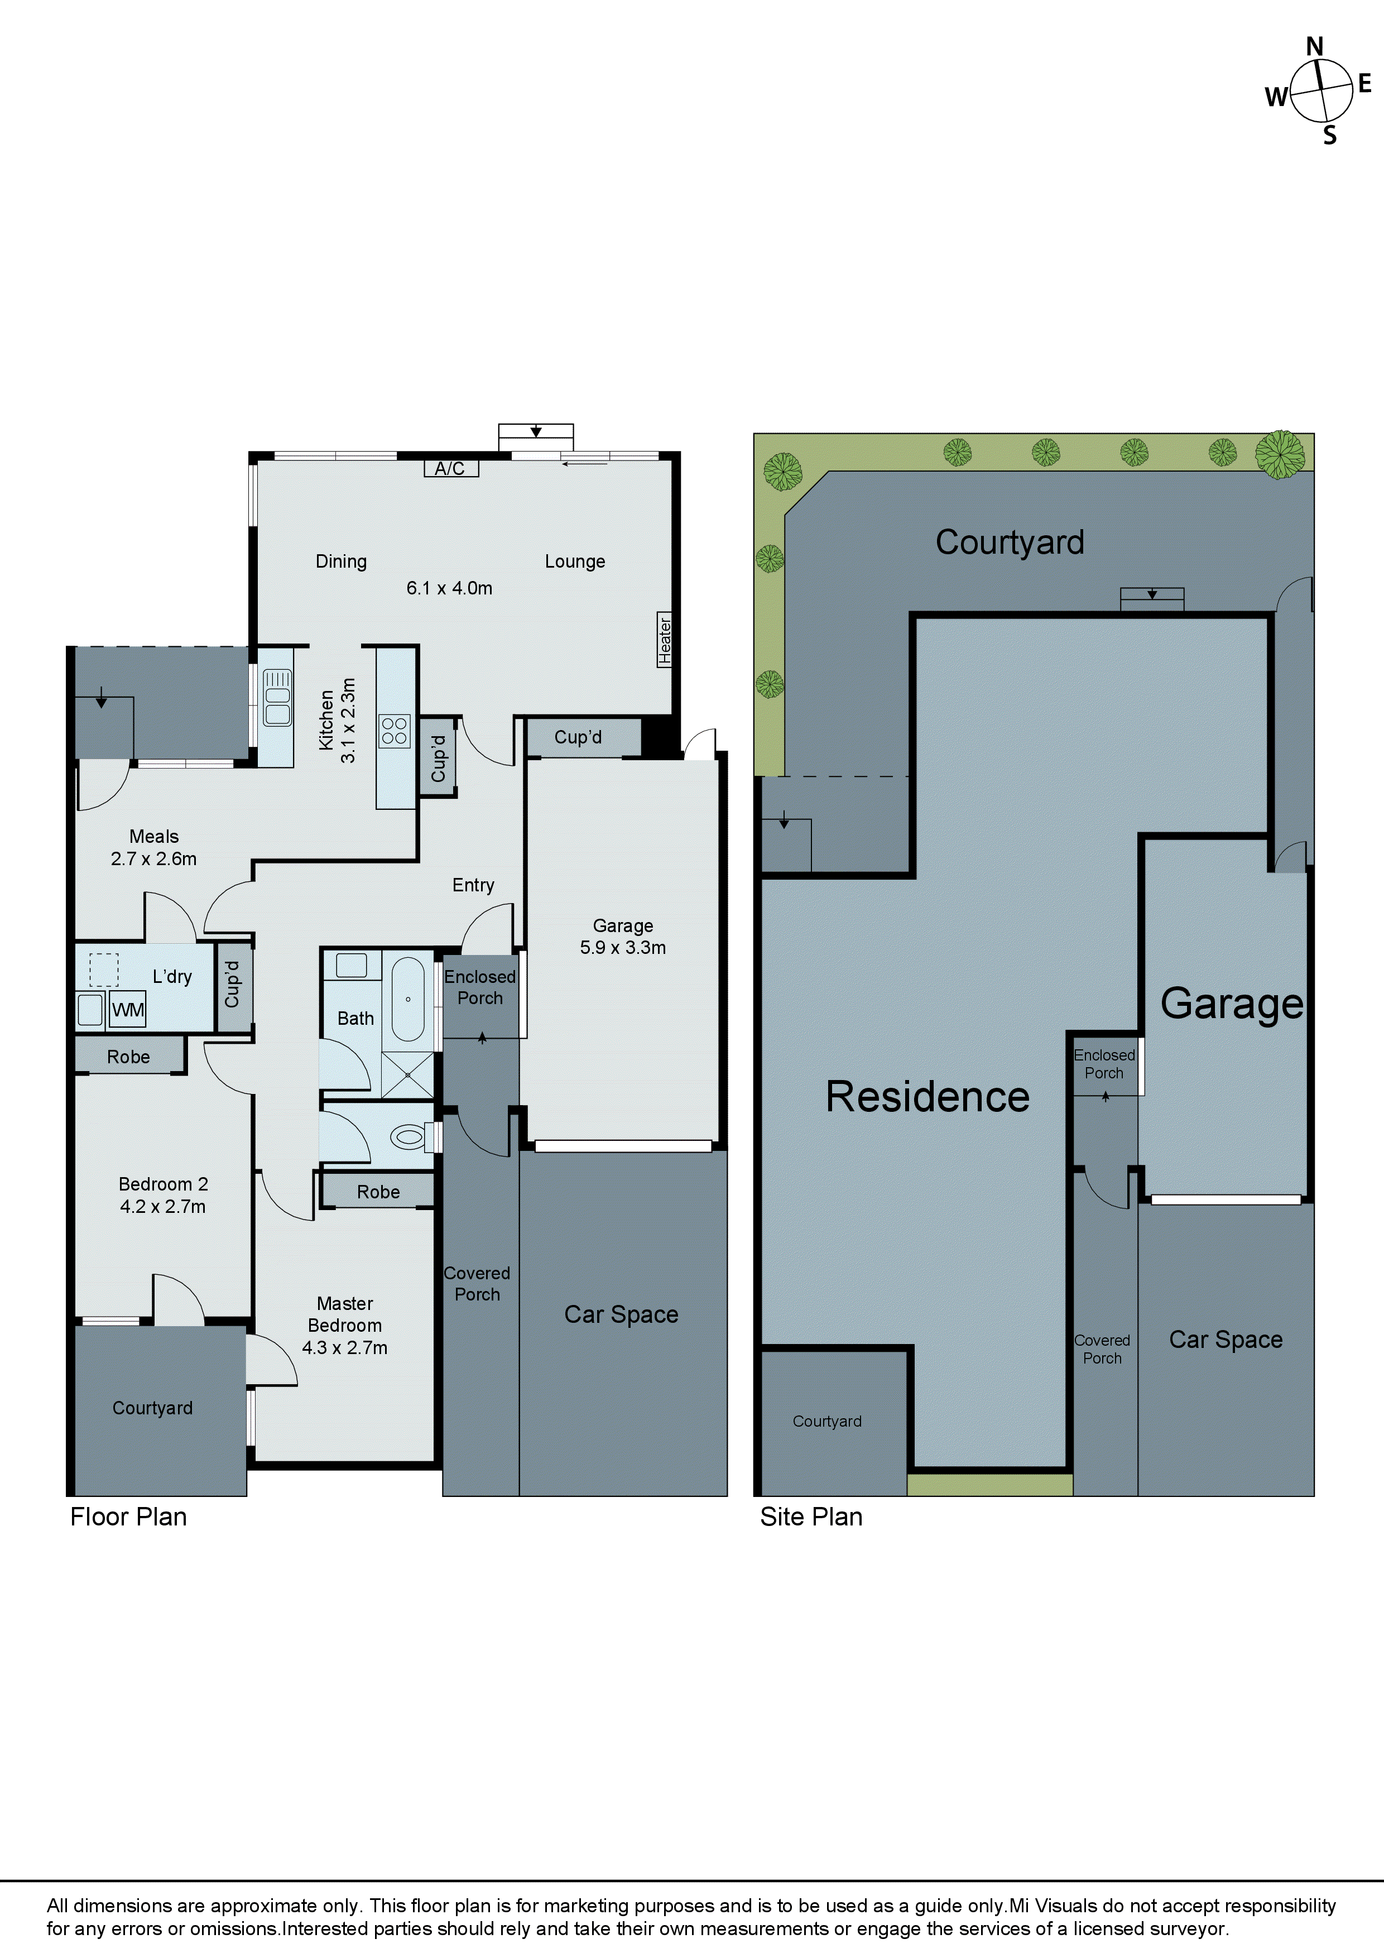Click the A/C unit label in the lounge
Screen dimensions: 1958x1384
click(x=450, y=468)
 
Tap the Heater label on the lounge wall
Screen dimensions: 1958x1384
click(x=664, y=640)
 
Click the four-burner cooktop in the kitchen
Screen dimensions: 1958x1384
click(x=395, y=731)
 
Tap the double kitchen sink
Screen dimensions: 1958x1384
click(x=277, y=698)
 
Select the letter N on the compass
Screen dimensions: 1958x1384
click(x=1314, y=47)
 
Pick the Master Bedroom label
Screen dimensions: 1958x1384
click(x=344, y=1314)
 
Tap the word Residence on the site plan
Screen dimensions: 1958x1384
click(x=928, y=1097)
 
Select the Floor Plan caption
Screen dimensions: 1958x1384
click(x=128, y=1517)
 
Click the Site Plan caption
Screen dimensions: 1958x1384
click(x=811, y=1517)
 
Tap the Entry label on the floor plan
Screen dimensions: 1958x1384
click(x=473, y=885)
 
